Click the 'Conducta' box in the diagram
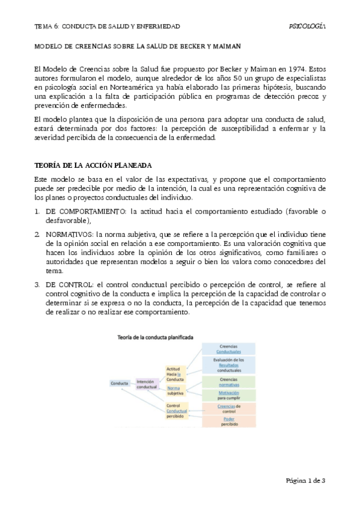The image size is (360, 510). click(120, 382)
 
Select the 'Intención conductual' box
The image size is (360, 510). click(147, 383)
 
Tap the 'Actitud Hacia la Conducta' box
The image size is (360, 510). click(175, 373)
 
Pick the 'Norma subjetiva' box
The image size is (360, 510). click(175, 390)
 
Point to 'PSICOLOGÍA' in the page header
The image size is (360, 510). click(307, 26)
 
